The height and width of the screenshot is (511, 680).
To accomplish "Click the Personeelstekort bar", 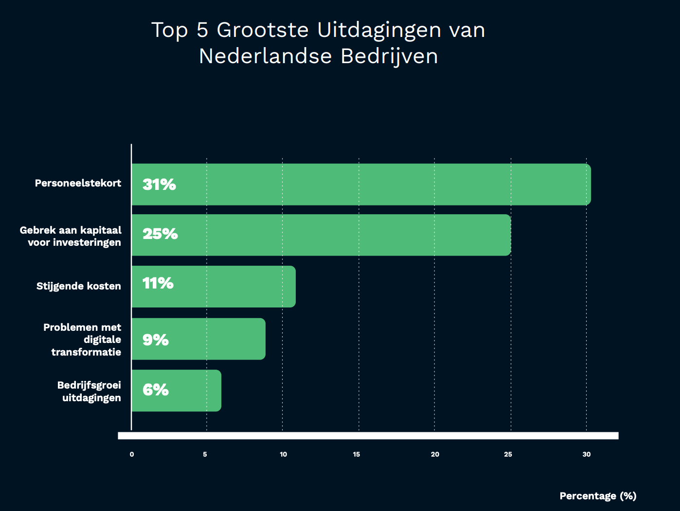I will (x=361, y=185).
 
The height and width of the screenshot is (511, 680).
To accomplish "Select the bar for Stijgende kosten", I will (x=214, y=287).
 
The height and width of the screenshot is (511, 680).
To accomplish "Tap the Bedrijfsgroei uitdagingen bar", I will (x=176, y=391).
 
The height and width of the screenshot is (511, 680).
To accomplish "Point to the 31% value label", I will (x=159, y=185).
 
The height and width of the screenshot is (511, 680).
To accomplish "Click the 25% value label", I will (x=160, y=234).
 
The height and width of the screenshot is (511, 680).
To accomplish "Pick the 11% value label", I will (x=158, y=283).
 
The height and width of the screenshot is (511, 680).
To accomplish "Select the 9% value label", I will (x=156, y=340).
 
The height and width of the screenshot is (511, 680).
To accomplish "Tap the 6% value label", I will (x=156, y=390).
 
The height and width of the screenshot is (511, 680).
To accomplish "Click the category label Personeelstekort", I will (x=78, y=183).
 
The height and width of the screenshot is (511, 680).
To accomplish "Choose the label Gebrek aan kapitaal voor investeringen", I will (x=71, y=236).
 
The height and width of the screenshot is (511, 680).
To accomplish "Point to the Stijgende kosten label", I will (x=78, y=286).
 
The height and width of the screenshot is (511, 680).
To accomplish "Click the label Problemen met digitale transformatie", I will (x=83, y=340).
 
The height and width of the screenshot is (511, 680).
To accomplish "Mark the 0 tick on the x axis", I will (x=132, y=454).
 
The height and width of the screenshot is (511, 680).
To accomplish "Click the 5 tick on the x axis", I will (x=205, y=454).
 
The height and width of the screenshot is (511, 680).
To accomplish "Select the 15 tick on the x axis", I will (x=357, y=454).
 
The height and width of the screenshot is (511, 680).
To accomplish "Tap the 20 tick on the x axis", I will (x=435, y=454).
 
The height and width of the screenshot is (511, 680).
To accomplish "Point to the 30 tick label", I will (x=587, y=454).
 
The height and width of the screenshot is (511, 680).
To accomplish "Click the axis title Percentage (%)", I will (x=598, y=496).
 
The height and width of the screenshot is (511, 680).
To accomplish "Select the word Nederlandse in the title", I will (x=265, y=56).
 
